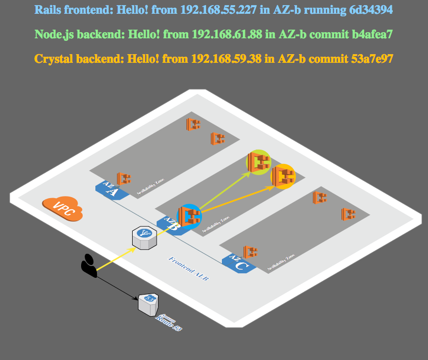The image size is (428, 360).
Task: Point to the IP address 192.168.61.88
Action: point(227,34)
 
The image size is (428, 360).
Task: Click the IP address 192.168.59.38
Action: point(226,59)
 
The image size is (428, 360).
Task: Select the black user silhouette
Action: point(89,266)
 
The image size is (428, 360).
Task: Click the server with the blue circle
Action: point(189,216)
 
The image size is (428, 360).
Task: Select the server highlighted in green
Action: point(259,162)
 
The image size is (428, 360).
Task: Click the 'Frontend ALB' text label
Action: point(189,269)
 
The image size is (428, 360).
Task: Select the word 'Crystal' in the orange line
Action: point(53,59)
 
